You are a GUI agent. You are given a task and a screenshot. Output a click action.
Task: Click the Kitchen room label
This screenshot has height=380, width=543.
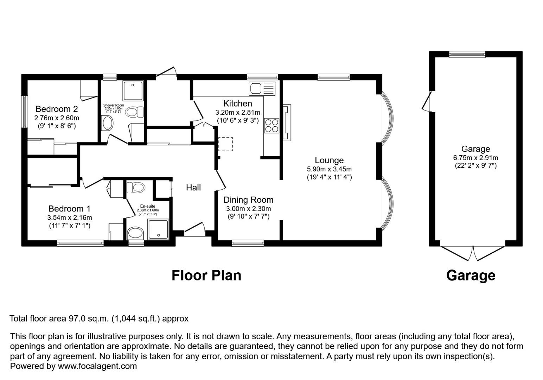(237, 103)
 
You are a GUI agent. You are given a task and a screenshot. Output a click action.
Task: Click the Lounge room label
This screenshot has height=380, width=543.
(329, 160)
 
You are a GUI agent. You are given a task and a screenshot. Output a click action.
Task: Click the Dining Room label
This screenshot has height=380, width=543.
(248, 200)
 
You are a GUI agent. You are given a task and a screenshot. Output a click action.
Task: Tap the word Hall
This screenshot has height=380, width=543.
(193, 188)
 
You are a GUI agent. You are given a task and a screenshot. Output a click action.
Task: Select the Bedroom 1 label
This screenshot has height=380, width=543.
(69, 209)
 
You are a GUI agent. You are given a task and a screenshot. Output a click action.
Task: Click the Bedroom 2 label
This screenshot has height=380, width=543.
(57, 109)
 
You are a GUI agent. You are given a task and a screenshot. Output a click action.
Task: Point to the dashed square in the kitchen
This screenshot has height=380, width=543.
(225, 144)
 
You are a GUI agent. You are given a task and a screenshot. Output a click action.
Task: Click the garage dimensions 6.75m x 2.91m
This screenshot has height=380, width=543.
(475, 158)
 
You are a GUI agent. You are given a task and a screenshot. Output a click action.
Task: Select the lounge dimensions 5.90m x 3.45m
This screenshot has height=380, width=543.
(329, 169)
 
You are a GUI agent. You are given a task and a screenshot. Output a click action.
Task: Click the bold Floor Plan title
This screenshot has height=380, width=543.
(206, 275)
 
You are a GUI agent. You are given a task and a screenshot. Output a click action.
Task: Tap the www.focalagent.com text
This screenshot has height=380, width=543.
(97, 366)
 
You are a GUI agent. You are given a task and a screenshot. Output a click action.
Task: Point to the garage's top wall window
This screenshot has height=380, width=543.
(467, 54)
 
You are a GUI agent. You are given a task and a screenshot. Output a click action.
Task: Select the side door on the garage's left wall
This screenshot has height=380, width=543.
(428, 102)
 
